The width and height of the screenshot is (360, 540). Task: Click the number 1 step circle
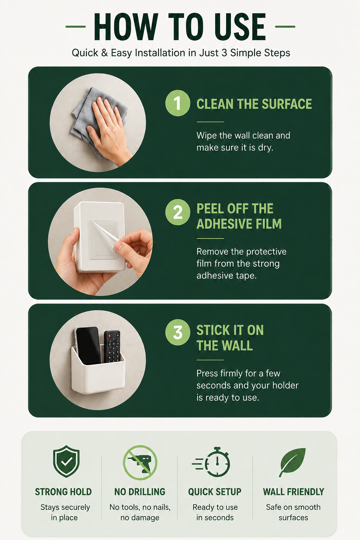coord(178,103)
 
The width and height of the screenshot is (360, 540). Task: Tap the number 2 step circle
coord(178,212)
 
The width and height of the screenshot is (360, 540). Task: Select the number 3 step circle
coord(178,333)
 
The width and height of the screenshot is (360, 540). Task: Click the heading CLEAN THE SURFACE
coord(254,104)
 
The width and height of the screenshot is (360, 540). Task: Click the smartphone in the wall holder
coord(88,345)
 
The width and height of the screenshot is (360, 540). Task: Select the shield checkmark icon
coord(66,461)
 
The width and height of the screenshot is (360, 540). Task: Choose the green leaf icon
coord(292,462)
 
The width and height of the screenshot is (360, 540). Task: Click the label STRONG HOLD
coord(63,492)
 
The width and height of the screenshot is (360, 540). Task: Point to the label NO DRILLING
coord(140,492)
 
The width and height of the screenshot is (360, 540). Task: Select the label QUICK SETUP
coord(214,492)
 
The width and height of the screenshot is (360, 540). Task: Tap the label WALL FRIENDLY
coord(294,492)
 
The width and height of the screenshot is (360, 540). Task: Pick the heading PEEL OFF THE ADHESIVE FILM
coord(239,216)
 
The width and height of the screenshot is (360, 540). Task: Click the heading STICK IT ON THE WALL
coord(230,338)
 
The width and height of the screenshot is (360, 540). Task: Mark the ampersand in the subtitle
coord(104,53)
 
